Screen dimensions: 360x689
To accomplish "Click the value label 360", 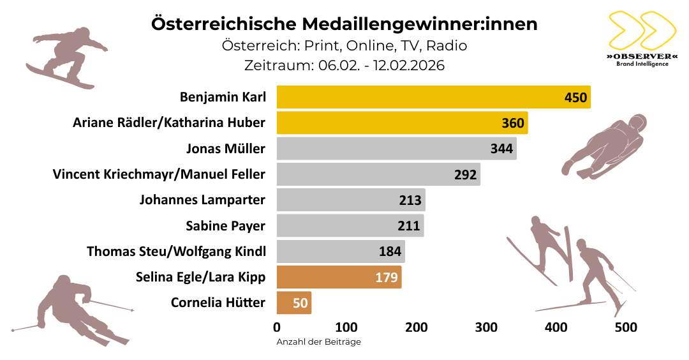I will [512, 123].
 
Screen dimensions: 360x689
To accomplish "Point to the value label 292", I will [465, 175].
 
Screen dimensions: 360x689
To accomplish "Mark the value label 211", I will [409, 226].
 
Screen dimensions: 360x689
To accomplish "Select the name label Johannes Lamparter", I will [202, 200].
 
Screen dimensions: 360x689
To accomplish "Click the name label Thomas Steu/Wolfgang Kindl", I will [176, 251].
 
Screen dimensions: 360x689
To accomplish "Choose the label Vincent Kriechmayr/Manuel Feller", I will [159, 174].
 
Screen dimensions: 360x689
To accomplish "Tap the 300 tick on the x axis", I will [486, 327].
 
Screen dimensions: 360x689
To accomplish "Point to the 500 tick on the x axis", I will [626, 327].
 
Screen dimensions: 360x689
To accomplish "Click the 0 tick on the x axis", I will [277, 327].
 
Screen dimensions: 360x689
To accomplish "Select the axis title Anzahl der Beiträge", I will [318, 342].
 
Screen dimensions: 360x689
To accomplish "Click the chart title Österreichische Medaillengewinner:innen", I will [344, 24].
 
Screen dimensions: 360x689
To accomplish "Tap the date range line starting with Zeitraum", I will [344, 65].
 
